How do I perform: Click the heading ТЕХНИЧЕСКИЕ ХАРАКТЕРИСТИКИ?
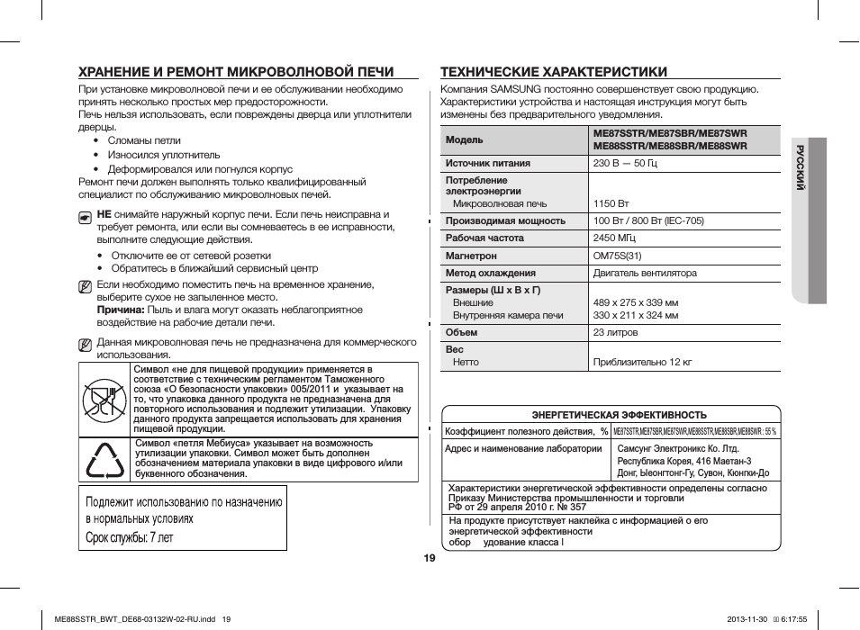(x=553, y=72)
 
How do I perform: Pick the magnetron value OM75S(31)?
(x=617, y=256)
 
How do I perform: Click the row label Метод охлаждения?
(x=491, y=273)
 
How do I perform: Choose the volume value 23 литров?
(x=615, y=333)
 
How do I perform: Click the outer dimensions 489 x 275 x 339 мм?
(x=635, y=303)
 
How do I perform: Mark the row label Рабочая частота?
(x=484, y=238)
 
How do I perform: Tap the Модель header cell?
(x=465, y=139)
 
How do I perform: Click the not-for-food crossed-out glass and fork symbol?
(x=104, y=400)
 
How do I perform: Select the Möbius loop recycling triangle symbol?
(x=104, y=460)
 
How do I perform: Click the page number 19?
(x=430, y=558)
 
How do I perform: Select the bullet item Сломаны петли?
(x=144, y=140)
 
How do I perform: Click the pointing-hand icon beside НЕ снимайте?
(x=85, y=216)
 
